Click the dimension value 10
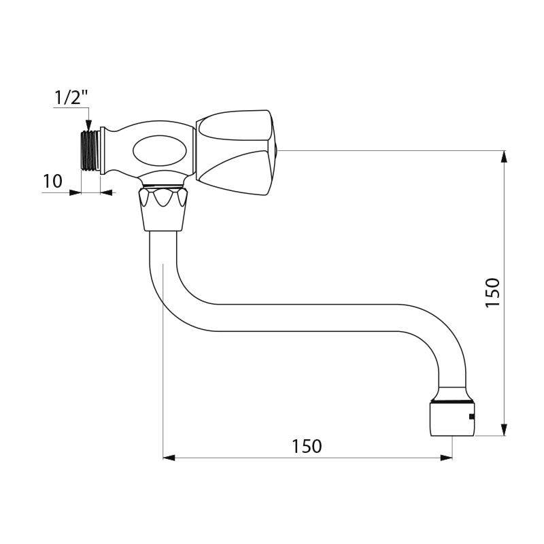point(52,182)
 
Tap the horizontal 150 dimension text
point(307,446)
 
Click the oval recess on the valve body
point(156,151)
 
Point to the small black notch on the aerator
point(470,415)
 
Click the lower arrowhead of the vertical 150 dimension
point(503,428)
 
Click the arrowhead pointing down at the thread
point(87,124)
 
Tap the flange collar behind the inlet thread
point(103,151)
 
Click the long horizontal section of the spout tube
point(306,318)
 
